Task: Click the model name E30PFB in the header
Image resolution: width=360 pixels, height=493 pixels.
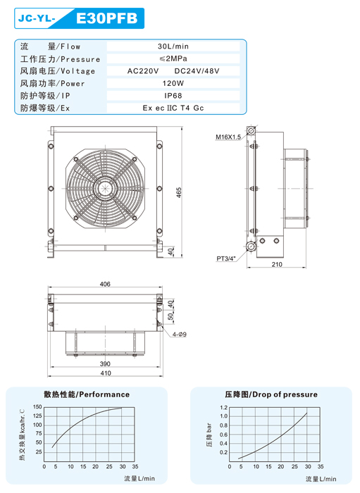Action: coord(107,18)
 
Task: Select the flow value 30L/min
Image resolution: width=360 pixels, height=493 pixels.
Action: coord(173,46)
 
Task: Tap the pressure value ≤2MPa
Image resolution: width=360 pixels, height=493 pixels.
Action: coord(173,58)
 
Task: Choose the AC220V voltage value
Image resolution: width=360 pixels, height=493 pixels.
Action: coord(143,70)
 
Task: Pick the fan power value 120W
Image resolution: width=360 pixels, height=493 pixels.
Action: coord(173,83)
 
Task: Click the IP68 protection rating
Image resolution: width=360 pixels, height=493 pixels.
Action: coord(173,96)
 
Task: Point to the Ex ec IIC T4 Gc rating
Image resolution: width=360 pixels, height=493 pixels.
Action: coord(173,108)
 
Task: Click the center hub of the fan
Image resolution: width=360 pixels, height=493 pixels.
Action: coord(106,189)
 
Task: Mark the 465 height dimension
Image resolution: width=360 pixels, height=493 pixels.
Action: coord(178,192)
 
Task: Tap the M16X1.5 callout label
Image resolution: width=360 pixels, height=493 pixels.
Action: coord(228,137)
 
